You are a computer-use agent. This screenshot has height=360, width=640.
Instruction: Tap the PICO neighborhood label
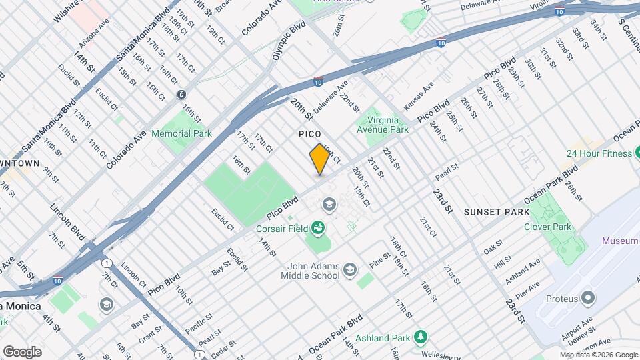click(x=310, y=134)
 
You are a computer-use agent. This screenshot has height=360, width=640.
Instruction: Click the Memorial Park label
click(x=181, y=133)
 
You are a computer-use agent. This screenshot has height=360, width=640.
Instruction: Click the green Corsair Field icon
click(x=318, y=228)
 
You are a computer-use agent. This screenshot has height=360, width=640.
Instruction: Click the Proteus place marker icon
click(x=587, y=297)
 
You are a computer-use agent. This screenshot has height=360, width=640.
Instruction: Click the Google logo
click(x=22, y=351)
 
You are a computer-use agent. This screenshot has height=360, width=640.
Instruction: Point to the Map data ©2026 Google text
click(x=598, y=355)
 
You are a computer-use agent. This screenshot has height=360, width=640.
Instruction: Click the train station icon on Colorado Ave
click(x=181, y=95)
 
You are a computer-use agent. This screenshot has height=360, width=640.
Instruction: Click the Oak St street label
click(x=493, y=247)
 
